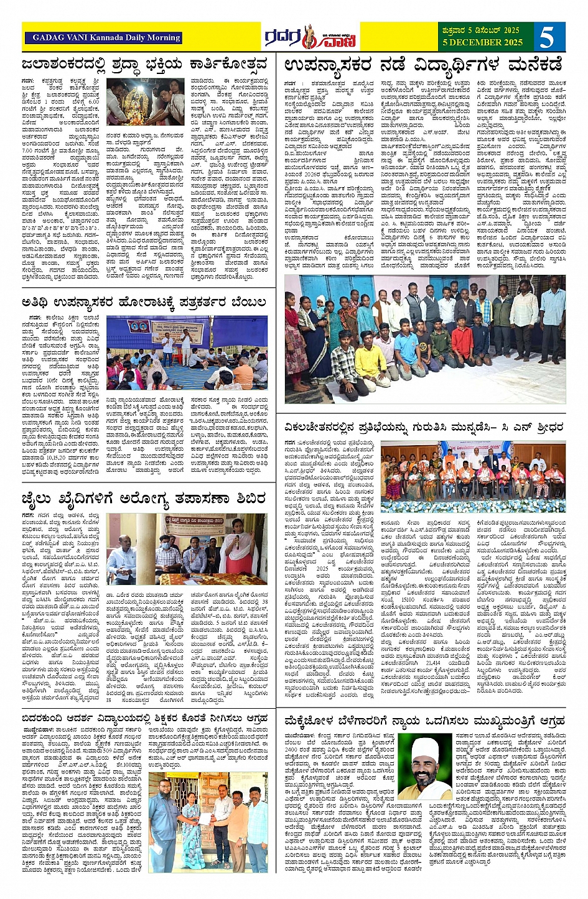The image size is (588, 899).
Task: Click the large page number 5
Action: (546, 37)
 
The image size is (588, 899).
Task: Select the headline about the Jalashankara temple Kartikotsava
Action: (144, 64)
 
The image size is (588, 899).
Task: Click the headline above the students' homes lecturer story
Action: (423, 64)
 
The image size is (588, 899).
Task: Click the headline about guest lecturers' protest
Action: (144, 302)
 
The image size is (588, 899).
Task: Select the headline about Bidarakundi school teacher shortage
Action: (144, 719)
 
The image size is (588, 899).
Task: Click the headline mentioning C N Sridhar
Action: (423, 427)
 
